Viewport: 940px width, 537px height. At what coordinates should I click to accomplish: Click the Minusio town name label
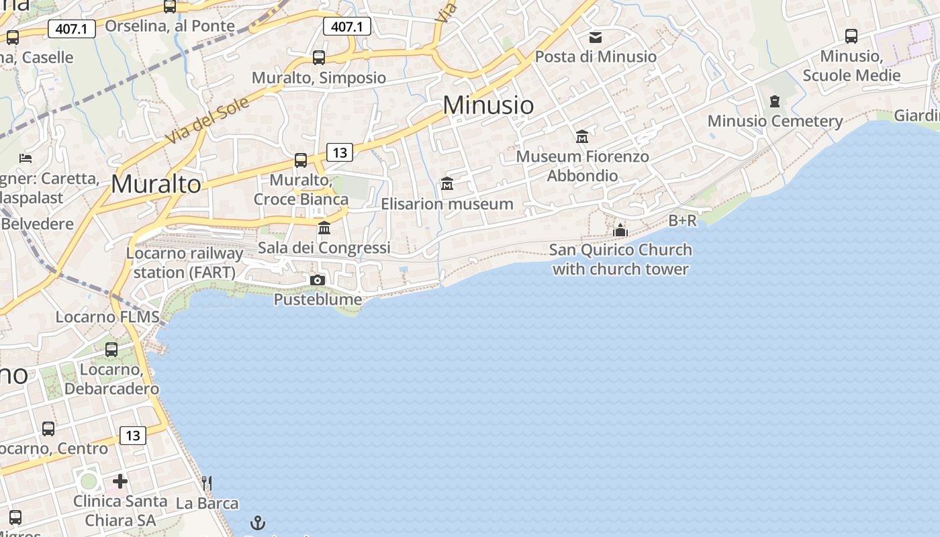tap(488, 105)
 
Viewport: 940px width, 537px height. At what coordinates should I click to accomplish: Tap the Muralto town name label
tap(156, 184)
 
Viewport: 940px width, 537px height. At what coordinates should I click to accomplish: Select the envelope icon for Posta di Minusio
tap(596, 37)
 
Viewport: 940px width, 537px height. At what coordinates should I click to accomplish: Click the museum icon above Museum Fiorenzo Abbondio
tap(582, 137)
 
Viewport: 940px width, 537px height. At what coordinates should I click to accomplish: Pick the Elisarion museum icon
tap(447, 183)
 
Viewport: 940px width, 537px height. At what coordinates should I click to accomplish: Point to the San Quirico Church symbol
tap(620, 230)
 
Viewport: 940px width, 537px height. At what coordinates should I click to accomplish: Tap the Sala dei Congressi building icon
tap(324, 228)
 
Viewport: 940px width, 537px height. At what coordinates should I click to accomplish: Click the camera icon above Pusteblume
tap(318, 280)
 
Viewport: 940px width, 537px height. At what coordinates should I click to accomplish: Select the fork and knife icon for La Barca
tap(207, 483)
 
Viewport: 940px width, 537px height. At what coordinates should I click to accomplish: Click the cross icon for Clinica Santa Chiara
tap(120, 481)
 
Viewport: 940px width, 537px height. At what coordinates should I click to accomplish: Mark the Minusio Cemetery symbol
tap(775, 101)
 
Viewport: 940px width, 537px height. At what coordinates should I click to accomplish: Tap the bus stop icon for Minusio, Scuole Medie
tap(851, 36)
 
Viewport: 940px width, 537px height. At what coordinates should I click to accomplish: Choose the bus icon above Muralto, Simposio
tap(319, 58)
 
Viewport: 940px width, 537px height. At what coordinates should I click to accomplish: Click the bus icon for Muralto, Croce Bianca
tap(301, 160)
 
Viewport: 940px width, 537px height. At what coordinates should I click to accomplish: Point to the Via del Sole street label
tap(207, 119)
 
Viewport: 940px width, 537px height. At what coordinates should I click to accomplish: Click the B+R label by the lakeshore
tap(683, 220)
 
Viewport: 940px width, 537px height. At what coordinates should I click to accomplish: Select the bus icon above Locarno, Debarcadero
tap(111, 350)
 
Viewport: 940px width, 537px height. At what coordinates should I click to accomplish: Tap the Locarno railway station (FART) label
tap(185, 263)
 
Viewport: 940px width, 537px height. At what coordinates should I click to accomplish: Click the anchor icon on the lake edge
tap(258, 522)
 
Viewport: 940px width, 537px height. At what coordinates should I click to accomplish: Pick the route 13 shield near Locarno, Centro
tap(133, 436)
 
